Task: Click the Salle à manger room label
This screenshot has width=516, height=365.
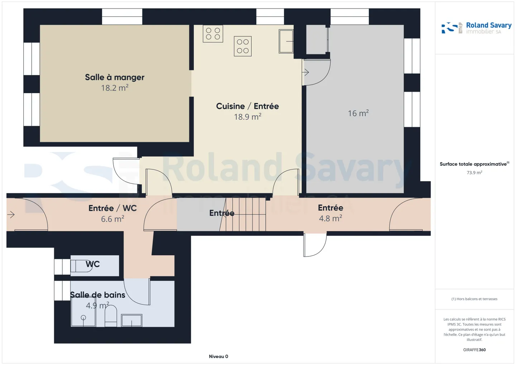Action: click(x=115, y=77)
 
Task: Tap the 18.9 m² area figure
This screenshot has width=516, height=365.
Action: click(x=248, y=116)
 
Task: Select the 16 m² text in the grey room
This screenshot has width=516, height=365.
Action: click(x=358, y=113)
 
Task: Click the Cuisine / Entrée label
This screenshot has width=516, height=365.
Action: click(x=247, y=106)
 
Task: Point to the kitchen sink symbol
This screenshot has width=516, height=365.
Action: click(x=286, y=41)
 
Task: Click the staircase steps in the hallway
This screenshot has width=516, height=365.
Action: click(x=245, y=214)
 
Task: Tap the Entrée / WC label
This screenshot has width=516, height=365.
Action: click(x=113, y=208)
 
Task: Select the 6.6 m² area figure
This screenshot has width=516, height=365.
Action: click(x=113, y=219)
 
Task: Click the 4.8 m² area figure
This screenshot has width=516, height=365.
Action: click(x=330, y=218)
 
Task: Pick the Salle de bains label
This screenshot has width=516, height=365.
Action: click(x=97, y=295)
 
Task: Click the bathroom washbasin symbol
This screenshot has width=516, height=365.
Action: click(x=132, y=320)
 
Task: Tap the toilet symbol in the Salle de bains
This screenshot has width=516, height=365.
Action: click(x=111, y=316)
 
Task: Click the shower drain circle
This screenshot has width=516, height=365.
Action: click(x=83, y=318)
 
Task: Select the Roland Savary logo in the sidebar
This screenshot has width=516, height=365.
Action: click(x=476, y=28)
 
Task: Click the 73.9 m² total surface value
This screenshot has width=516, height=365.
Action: click(x=474, y=173)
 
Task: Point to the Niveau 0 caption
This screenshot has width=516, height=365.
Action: click(x=218, y=356)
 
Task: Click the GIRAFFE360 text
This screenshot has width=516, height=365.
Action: click(x=474, y=350)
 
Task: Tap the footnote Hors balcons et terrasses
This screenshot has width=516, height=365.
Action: click(x=474, y=299)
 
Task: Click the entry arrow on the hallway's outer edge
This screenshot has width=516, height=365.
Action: click(x=11, y=215)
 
